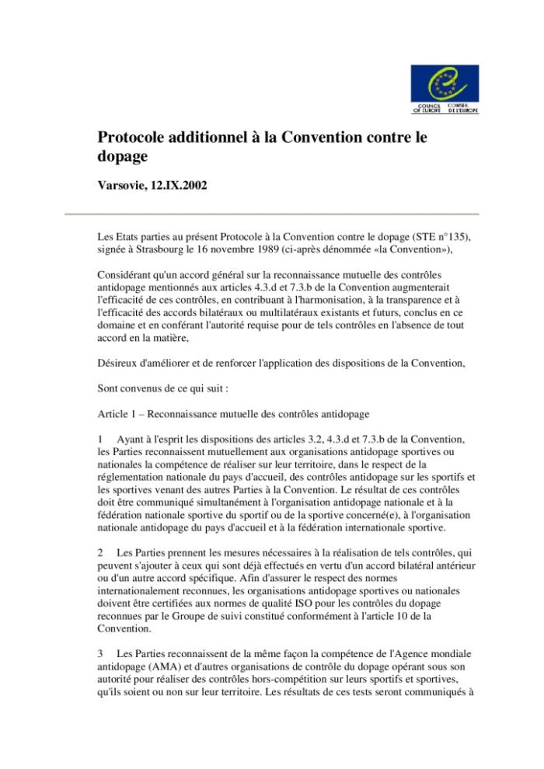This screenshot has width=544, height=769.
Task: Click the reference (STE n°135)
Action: (x=432, y=237)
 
